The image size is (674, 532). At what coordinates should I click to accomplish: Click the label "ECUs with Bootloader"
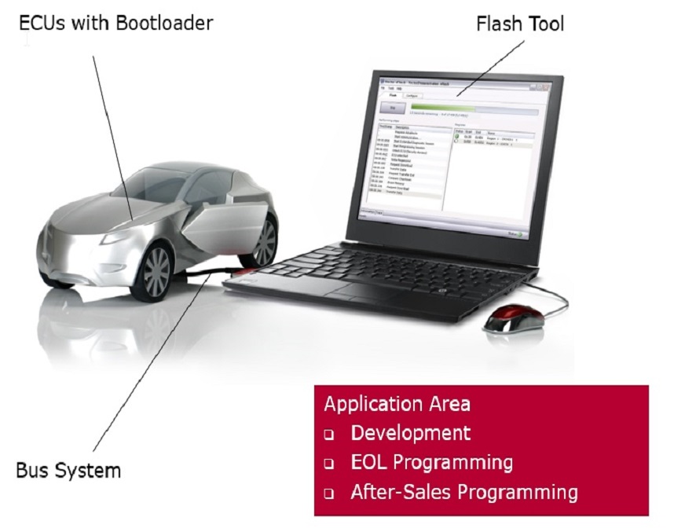tap(116, 23)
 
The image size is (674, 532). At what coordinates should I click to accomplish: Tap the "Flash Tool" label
tap(520, 24)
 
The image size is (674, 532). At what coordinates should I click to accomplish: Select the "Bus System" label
tap(68, 471)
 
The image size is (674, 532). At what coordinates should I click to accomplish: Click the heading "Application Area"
tap(397, 404)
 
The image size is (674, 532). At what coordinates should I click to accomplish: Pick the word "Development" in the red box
tap(411, 433)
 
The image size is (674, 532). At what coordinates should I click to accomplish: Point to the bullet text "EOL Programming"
tap(431, 462)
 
